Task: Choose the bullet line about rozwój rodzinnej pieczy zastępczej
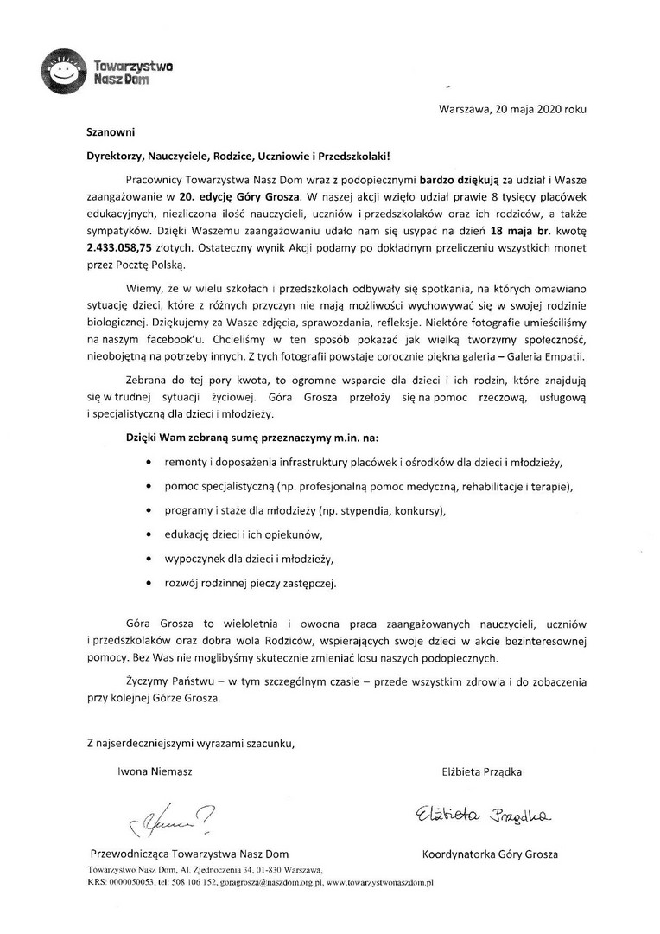coord(251,583)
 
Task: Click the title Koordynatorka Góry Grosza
coord(490,854)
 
